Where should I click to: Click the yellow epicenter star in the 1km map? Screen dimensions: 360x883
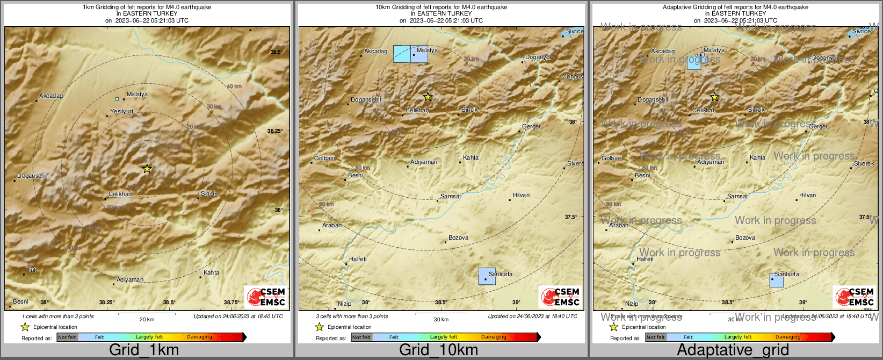[147, 169]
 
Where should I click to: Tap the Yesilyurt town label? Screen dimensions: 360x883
[121, 112]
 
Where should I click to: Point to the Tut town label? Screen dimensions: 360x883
[31, 270]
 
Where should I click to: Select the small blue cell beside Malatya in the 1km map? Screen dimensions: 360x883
[117, 99]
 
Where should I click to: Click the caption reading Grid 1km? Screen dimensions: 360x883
[144, 350]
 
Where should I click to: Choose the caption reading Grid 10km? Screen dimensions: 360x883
[438, 350]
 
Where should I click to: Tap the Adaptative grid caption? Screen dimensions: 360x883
[733, 350]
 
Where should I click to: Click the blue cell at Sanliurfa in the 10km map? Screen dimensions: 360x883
[487, 276]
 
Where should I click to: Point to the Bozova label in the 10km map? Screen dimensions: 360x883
[458, 237]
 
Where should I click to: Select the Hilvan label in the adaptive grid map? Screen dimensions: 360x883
[807, 196]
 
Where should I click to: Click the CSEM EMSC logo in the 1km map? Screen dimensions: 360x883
[265, 297]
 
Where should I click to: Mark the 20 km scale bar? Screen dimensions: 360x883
[147, 314]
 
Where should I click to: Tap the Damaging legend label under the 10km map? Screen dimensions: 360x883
[494, 337]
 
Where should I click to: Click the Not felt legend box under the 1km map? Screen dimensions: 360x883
[67, 337]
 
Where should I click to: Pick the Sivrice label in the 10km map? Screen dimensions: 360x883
[574, 32]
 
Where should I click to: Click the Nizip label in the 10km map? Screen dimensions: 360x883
[344, 304]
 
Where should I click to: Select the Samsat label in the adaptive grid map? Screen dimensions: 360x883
[737, 197]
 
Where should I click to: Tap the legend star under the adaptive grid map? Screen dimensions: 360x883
[613, 327]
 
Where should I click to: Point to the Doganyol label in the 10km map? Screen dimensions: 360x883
[538, 57]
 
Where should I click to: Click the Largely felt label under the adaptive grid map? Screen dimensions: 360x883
[738, 337]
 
